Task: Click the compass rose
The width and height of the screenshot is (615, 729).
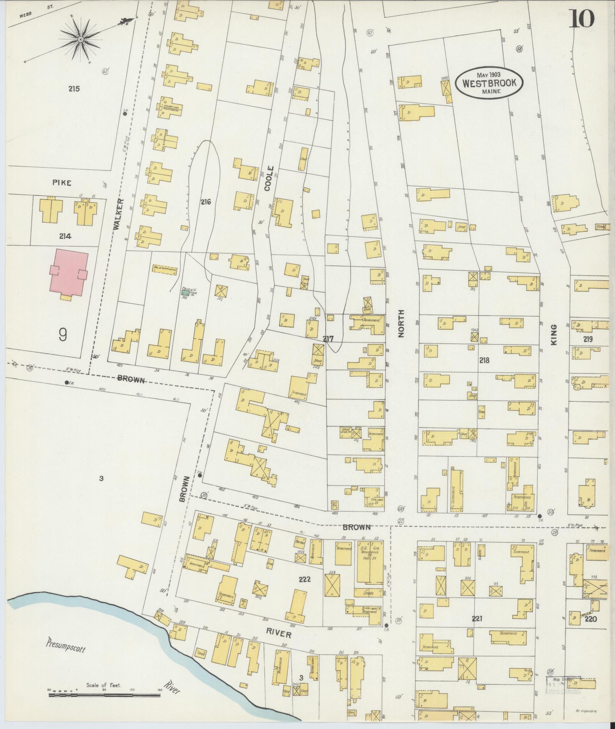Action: click(81, 40)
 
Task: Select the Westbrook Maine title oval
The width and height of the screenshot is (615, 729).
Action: click(489, 83)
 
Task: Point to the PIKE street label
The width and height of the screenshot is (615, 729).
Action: click(62, 183)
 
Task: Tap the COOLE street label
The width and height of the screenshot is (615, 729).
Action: click(268, 178)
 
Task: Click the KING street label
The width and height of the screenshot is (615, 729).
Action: click(554, 335)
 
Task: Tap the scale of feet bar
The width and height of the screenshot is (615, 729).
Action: click(104, 695)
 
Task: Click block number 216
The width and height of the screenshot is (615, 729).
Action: click(206, 202)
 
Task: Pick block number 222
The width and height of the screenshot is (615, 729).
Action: click(305, 580)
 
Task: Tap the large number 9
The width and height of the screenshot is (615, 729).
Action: click(63, 335)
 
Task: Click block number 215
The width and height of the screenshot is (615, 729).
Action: click(74, 89)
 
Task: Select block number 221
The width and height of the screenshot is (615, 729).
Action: click(477, 619)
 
